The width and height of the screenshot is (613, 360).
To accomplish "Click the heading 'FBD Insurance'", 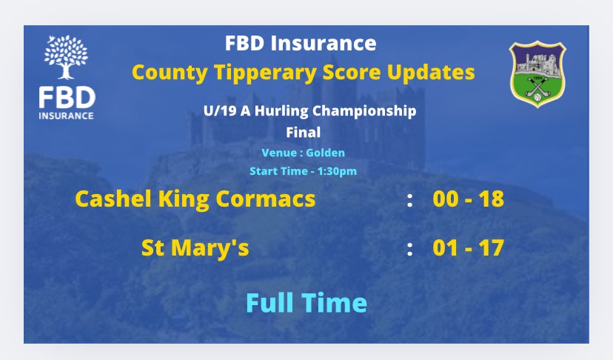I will [x=301, y=44].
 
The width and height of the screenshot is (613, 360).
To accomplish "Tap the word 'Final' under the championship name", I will [x=302, y=133].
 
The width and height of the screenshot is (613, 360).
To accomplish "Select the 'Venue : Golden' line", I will [x=303, y=153].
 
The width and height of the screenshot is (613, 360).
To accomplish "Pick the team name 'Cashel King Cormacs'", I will [x=195, y=199].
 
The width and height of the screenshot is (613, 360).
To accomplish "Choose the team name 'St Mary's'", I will [x=195, y=248].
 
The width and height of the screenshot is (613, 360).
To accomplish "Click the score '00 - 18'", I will [x=468, y=199].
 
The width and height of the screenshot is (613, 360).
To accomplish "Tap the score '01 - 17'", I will [x=468, y=248].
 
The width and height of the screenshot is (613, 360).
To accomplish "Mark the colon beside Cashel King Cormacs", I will [x=409, y=199].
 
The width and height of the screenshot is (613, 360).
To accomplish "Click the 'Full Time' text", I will [x=306, y=302].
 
